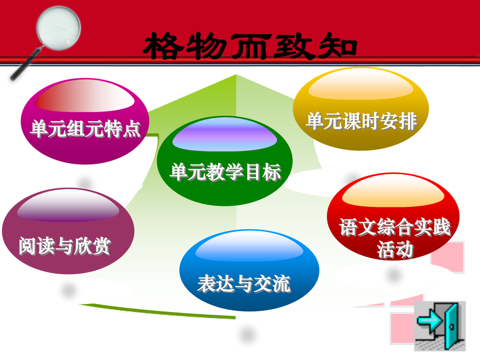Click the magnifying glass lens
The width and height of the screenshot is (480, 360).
(58, 28)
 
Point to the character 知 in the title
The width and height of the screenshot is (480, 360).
(337, 46)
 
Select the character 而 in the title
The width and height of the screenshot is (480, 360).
(251, 46)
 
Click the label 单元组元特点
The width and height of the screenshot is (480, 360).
(85, 129)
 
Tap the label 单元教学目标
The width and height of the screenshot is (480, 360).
(225, 172)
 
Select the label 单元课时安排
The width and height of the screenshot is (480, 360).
(362, 121)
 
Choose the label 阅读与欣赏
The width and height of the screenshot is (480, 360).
(65, 245)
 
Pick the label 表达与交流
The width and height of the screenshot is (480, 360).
(244, 284)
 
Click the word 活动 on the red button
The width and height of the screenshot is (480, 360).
(395, 249)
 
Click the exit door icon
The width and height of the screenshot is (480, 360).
(440, 326)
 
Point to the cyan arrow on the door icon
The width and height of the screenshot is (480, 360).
(429, 321)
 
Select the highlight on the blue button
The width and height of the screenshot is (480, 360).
(249, 247)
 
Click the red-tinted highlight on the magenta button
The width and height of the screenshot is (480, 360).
(85, 96)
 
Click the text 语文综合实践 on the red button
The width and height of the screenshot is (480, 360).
(395, 227)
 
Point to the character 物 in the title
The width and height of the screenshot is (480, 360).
(207, 46)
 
